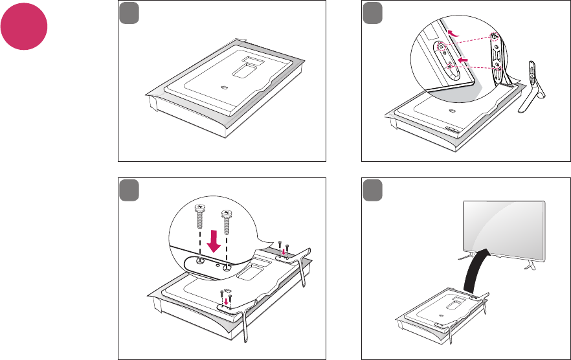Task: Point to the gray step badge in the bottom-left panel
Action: [128, 190]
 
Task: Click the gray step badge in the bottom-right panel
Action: [371, 190]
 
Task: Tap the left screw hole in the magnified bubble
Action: [200, 260]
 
